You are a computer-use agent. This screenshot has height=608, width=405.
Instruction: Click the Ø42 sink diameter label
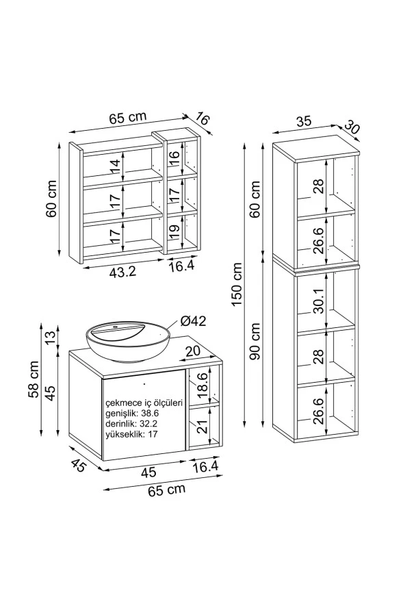coord(193,321)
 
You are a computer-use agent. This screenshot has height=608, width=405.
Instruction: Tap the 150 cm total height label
coord(237,284)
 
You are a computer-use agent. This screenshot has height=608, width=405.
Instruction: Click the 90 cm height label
coord(255,341)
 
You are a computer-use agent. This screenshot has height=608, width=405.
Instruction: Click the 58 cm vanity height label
coord(34,379)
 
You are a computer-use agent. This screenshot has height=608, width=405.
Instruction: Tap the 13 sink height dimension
coord(51,336)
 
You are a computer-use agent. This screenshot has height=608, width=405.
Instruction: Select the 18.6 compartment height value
coord(202,385)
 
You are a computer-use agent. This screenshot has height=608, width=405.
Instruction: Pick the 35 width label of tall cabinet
coord(304,121)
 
